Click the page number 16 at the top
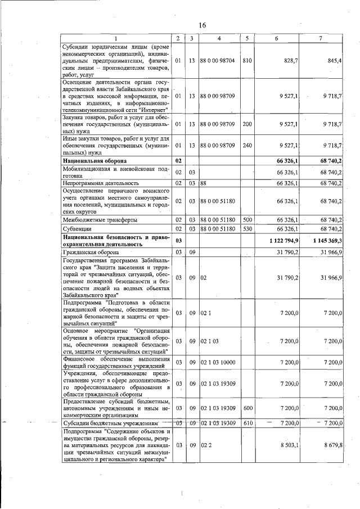[202, 25]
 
